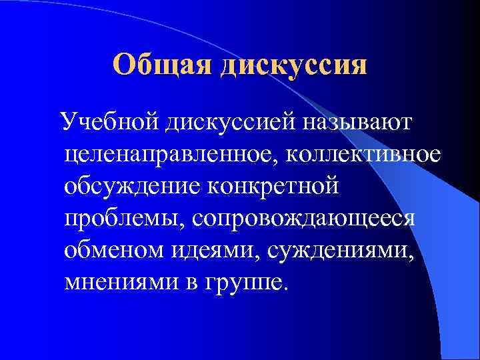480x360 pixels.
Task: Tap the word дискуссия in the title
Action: tap(294, 65)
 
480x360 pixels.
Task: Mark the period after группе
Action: tap(287, 287)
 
